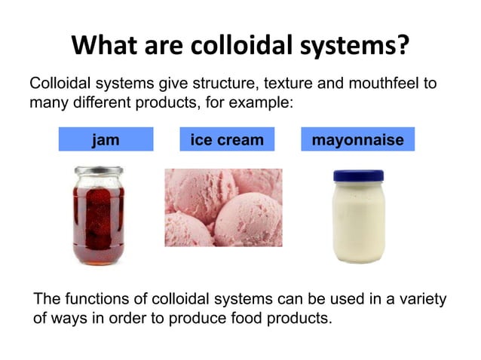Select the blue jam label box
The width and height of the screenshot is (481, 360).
(x=106, y=139)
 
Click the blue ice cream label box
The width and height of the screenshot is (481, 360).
(x=227, y=139)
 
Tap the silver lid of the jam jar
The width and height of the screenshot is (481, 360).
(x=94, y=171)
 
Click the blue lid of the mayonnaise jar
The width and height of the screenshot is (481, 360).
(x=358, y=175)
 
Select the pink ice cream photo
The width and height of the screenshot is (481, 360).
(x=224, y=207)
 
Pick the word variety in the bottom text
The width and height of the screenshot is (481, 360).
(x=423, y=300)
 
